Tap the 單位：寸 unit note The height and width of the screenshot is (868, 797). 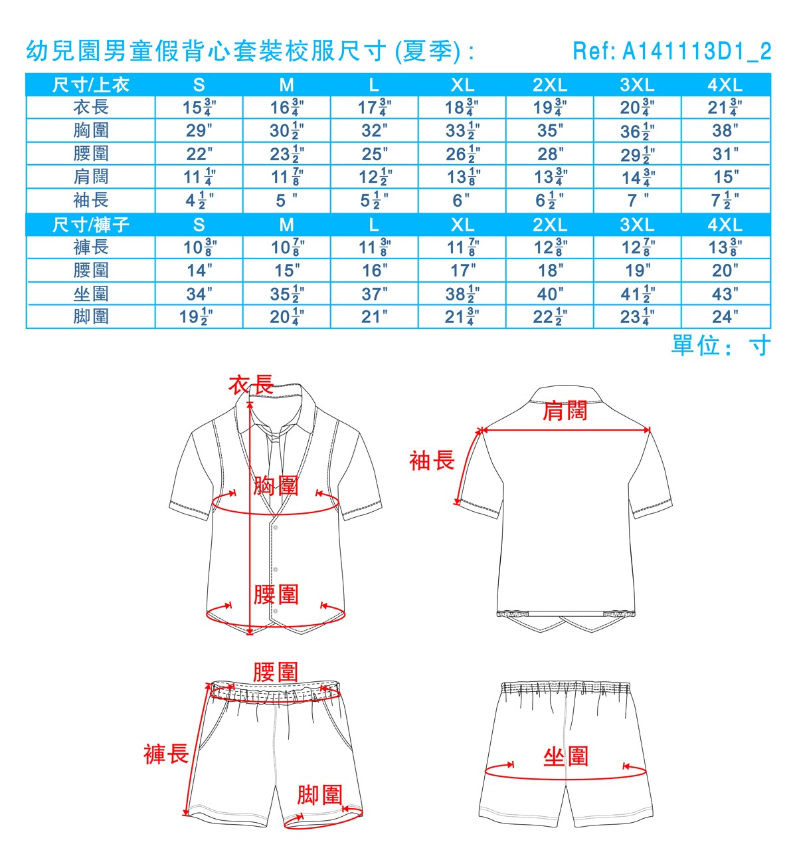[721, 346]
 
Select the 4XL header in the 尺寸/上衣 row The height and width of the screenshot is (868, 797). [725, 85]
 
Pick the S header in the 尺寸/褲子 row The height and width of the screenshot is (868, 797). [199, 225]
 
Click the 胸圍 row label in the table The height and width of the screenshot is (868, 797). [91, 130]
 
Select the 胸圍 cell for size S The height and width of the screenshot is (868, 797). [199, 130]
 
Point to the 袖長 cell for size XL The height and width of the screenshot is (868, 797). [462, 200]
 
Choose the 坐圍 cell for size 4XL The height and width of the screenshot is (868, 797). [725, 294]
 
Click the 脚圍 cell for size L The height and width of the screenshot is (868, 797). [374, 317]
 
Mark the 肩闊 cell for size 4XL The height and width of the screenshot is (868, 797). [725, 177]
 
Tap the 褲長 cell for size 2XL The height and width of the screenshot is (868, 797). [550, 248]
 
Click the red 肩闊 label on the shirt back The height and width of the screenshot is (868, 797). [565, 411]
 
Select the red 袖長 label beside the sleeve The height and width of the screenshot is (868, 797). [432, 461]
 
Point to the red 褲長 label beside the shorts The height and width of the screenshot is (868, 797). [166, 754]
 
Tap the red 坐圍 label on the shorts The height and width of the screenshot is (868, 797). [566, 756]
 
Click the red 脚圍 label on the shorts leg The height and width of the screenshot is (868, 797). [319, 794]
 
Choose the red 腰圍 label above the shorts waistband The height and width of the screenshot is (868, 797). [275, 672]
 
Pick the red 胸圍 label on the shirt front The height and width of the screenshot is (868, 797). [276, 486]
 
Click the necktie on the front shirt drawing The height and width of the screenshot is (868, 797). [274, 452]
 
